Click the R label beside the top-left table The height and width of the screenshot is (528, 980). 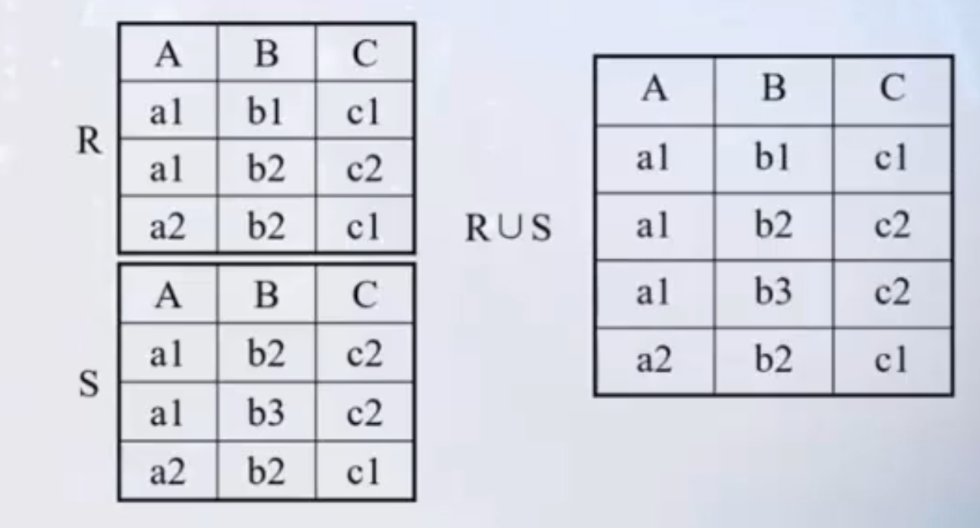click(88, 142)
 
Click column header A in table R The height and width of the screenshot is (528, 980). click(168, 55)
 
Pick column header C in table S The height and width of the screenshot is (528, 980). click(364, 295)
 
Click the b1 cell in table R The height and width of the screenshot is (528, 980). click(266, 112)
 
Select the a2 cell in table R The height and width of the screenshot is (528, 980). click(168, 226)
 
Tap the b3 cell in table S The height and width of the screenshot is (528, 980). click(266, 412)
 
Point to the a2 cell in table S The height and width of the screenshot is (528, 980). click(168, 471)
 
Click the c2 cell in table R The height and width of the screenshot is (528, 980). click(364, 169)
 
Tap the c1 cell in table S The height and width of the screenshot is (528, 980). click(364, 471)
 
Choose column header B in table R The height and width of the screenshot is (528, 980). click(266, 55)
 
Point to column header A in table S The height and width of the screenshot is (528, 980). click(168, 295)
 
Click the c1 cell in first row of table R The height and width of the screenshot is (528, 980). click(364, 112)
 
